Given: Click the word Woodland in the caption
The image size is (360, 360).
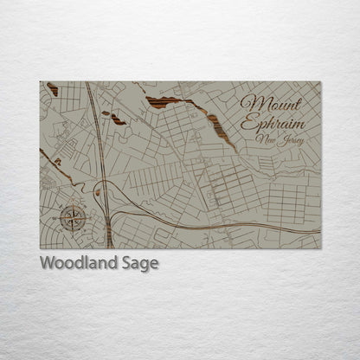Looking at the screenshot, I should (79, 264).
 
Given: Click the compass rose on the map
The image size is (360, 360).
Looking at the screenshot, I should (73, 217).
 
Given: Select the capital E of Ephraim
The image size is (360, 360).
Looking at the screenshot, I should (249, 124).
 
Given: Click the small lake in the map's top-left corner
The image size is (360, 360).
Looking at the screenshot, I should (53, 88).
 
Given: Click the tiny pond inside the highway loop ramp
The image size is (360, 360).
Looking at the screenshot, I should (98, 192).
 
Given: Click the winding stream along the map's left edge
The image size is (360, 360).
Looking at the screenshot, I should (55, 164).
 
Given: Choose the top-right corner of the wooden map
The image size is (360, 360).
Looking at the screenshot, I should (320, 82).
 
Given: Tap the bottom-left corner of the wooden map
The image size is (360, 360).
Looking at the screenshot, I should (40, 248).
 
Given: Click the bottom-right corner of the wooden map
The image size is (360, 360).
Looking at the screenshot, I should (320, 248).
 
